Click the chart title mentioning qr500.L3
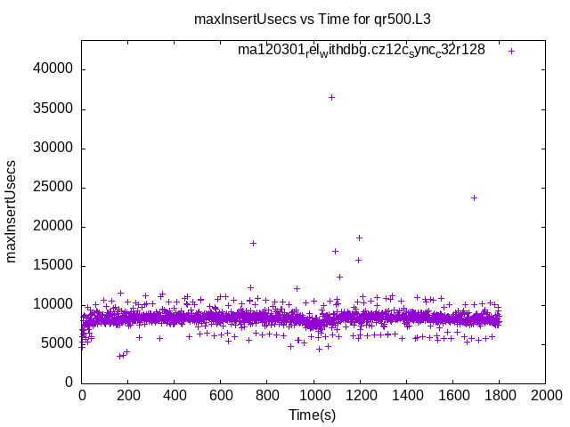pyautogui.click(x=313, y=19)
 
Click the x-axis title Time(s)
pyautogui.click(x=313, y=415)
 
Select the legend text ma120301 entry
pyautogui.click(x=362, y=50)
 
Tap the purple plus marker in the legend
pyautogui.click(x=511, y=51)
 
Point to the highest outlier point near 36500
pyautogui.click(x=331, y=97)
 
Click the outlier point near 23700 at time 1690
pyautogui.click(x=474, y=197)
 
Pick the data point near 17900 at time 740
pyautogui.click(x=253, y=243)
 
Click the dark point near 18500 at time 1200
pyautogui.click(x=359, y=238)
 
